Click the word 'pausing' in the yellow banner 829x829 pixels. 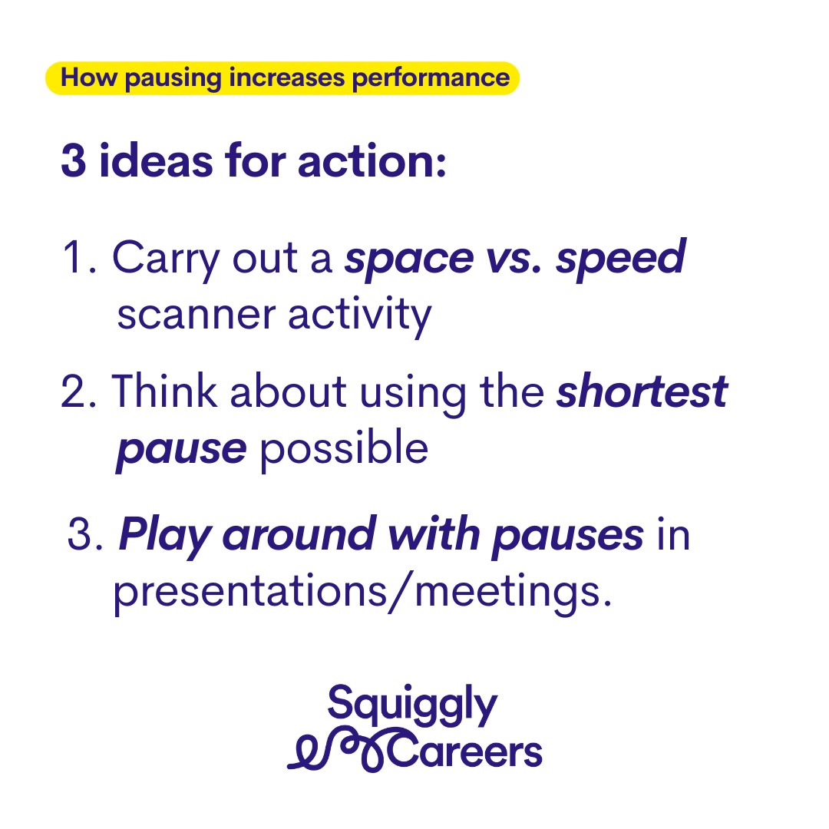[x=173, y=79]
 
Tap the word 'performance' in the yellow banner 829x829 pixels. [x=431, y=79]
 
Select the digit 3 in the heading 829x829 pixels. [x=74, y=160]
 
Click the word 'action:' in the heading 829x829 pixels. [x=372, y=160]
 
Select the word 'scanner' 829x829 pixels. [x=197, y=315]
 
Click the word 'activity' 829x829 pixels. [x=360, y=316]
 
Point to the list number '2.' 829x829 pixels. [x=79, y=391]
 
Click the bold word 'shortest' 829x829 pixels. [x=642, y=391]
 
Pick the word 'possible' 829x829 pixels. [x=344, y=449]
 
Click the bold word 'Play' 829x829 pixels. [x=166, y=537]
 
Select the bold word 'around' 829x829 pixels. [x=300, y=534]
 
